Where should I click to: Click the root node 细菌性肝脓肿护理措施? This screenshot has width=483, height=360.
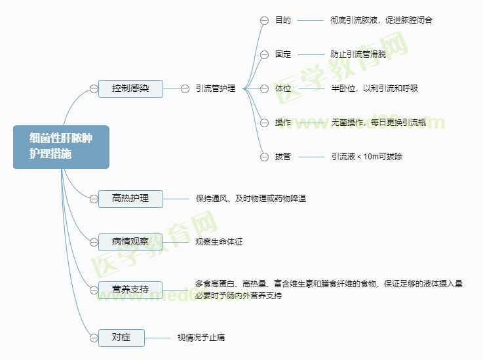point(61,147)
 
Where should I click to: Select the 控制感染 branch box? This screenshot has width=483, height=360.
point(130,89)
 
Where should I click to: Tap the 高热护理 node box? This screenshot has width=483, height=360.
point(130,198)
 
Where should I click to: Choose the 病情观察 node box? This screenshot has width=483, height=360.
point(130,242)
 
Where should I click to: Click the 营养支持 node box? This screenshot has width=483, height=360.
point(130,289)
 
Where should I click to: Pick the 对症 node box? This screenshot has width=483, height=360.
point(121,338)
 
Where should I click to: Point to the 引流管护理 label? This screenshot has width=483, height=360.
point(215,89)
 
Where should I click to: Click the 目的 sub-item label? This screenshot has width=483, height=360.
point(283,20)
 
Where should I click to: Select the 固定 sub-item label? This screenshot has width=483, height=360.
point(283,54)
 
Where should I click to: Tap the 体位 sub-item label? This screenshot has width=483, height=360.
point(283,89)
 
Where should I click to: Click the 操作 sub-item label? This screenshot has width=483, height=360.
point(283,123)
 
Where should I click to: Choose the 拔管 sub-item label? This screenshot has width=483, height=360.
point(283,157)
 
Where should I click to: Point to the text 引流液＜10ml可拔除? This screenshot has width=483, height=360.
point(367,157)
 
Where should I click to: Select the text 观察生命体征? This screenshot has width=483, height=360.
point(219,242)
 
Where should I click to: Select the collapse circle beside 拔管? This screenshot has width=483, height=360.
point(264,157)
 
